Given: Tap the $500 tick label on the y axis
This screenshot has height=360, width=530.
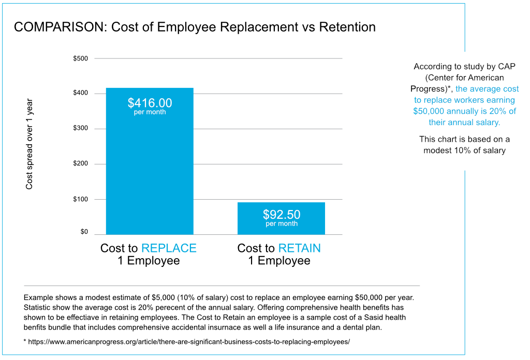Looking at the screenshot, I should click(x=81, y=58).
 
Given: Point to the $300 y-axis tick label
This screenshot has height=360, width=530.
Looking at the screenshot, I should click(x=81, y=128).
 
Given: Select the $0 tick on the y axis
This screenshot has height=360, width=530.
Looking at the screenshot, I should click(x=84, y=232).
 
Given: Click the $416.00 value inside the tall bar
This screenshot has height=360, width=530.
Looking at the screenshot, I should click(x=150, y=103).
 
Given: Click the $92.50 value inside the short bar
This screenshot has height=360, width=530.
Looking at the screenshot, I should click(x=282, y=214).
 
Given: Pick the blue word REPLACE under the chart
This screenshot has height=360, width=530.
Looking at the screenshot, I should click(x=169, y=248).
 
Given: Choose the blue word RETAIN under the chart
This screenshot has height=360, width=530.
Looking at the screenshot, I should click(x=299, y=248).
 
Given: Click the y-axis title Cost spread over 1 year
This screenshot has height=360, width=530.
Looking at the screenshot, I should click(x=30, y=144).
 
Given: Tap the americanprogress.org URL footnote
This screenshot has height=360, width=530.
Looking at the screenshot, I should click(x=189, y=342).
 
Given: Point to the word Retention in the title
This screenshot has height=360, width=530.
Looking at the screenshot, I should click(x=347, y=27).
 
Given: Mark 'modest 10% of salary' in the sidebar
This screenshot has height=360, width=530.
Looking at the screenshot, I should click(x=464, y=151).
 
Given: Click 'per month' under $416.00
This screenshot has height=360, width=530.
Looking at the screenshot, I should click(x=150, y=112).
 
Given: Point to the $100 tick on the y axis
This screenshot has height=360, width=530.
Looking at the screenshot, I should click(x=81, y=199).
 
